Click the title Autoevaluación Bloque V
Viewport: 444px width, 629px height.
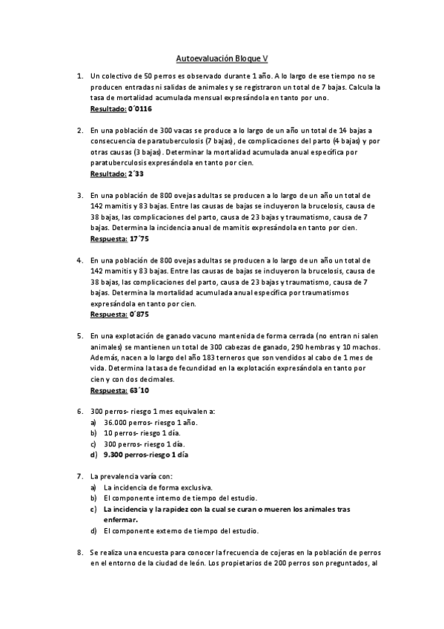point(222,57)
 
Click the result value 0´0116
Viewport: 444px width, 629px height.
point(144,109)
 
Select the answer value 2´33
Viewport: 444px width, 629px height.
point(136,174)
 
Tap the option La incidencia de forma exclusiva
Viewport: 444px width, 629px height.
point(158,487)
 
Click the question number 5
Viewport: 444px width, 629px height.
point(80,336)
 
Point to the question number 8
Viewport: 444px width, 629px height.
point(80,553)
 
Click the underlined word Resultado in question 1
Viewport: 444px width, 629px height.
point(107,109)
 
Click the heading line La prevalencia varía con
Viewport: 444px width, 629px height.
point(130,476)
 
